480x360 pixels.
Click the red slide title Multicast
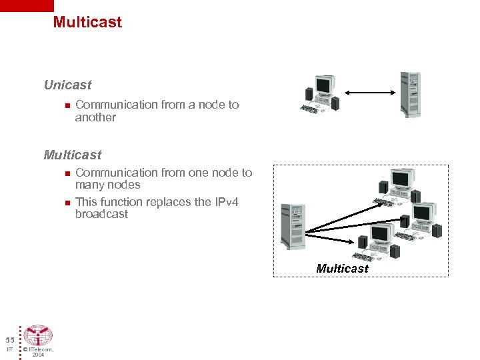[87, 22]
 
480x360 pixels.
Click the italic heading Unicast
[67, 85]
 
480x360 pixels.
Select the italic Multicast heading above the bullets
[72, 155]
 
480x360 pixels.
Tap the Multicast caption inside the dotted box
[342, 268]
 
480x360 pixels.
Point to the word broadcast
[101, 214]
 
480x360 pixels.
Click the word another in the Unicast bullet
[95, 117]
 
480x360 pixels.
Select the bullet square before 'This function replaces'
[67, 202]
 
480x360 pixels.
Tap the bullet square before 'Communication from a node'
[67, 105]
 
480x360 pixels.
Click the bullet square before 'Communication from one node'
[67, 173]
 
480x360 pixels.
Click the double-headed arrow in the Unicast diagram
[370, 93]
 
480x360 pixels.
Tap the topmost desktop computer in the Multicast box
[398, 186]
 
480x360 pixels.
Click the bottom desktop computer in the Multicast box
[377, 243]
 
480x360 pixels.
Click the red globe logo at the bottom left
[38, 335]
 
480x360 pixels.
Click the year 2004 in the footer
[38, 355]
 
